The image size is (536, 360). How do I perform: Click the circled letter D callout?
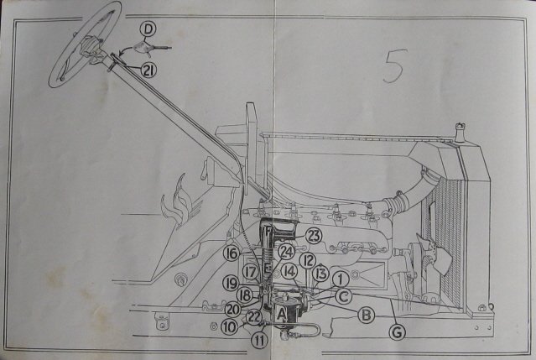point(148,29)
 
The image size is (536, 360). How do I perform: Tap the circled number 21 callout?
point(148,70)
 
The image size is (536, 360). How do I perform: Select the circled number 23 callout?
point(314,236)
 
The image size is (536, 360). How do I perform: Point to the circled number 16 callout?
point(232,253)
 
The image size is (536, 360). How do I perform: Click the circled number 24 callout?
point(286,253)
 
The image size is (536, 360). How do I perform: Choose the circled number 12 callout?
point(308,261)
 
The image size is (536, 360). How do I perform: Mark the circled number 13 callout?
point(320,274)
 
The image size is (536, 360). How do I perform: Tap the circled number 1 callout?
point(340,279)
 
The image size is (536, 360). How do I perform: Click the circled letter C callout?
point(344,296)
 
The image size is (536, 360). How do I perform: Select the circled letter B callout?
point(366,315)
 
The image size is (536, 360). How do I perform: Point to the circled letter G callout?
point(398,332)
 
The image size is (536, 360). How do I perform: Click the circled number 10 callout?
point(229,327)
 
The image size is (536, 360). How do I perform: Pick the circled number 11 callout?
point(259,341)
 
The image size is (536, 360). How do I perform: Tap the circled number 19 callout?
point(232,284)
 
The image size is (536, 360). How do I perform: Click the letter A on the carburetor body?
point(281,314)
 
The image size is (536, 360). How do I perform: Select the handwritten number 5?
point(395,66)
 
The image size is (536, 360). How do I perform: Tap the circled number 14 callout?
point(289,271)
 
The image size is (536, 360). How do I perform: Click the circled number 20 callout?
point(233,310)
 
